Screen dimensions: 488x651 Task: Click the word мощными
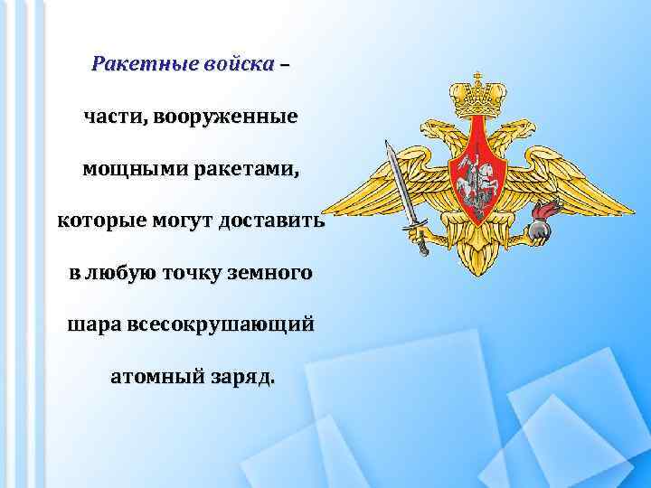(x=127, y=168)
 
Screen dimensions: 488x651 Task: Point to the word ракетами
(x=238, y=168)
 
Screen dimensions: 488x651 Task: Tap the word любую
(x=120, y=272)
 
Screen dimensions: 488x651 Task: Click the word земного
(x=269, y=272)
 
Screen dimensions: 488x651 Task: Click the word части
(x=113, y=117)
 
